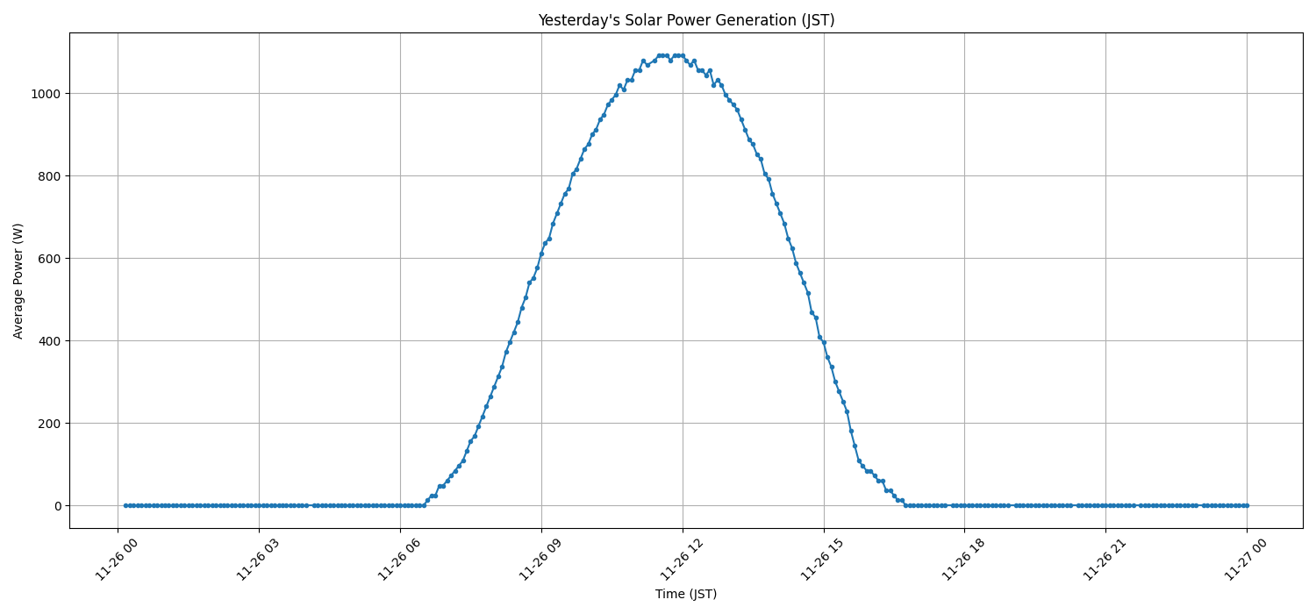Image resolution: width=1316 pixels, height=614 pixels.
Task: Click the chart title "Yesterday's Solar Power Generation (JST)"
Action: pos(686,20)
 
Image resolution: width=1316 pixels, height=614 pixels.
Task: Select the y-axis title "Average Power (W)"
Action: pos(18,281)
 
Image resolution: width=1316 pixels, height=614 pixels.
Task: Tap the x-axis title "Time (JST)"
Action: pos(686,594)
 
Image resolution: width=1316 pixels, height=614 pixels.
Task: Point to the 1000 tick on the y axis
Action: pos(46,94)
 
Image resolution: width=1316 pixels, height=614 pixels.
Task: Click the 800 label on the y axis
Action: pos(50,176)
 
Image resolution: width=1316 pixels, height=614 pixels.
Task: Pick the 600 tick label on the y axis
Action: pos(50,259)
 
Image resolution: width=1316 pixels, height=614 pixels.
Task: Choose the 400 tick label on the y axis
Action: pos(50,341)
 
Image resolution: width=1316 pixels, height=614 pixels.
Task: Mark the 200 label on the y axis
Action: pos(50,424)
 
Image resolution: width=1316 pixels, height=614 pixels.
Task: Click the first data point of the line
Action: pos(125,505)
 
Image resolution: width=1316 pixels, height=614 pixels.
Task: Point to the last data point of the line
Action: pos(1247,505)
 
